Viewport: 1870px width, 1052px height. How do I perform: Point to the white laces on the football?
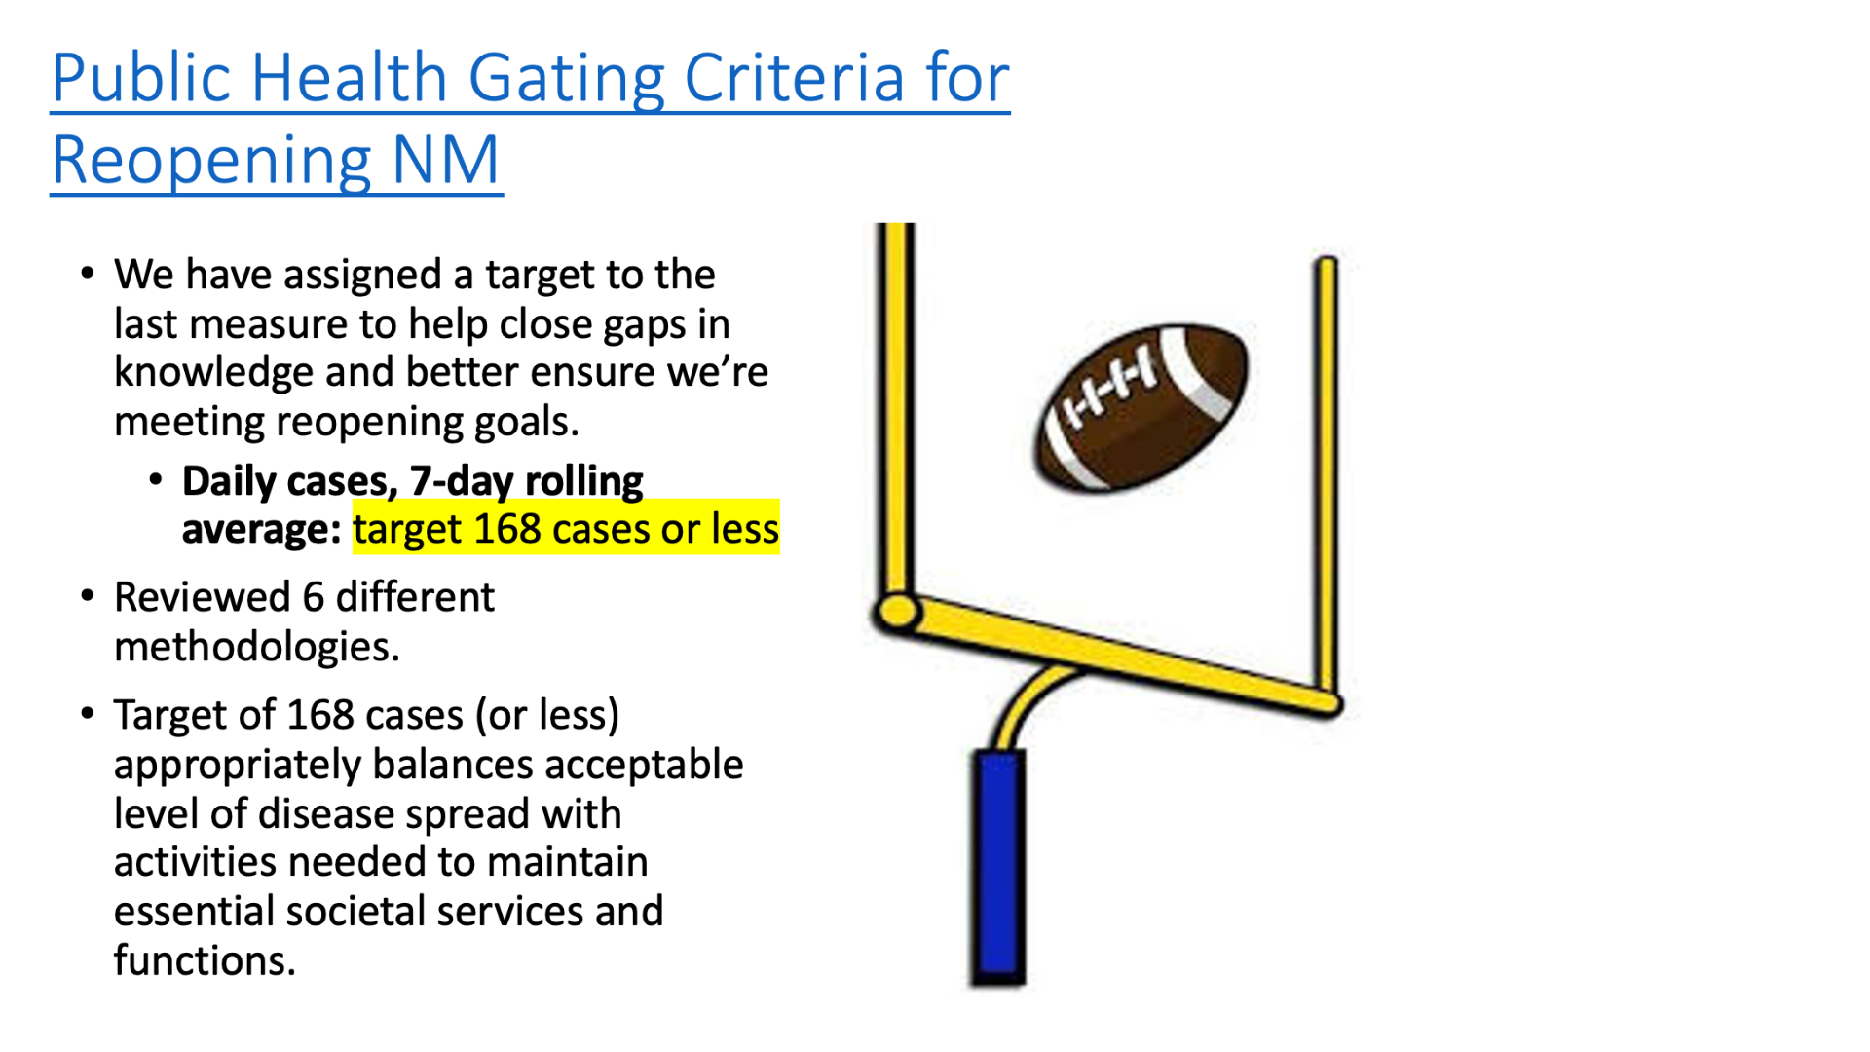(1110, 388)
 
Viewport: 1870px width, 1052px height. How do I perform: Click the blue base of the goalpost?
(998, 867)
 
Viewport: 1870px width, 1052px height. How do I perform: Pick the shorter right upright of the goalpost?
(1327, 477)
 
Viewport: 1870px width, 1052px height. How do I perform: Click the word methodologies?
(257, 648)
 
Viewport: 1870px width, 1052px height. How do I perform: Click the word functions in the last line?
(205, 960)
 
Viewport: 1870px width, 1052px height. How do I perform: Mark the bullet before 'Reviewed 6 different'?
(88, 596)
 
